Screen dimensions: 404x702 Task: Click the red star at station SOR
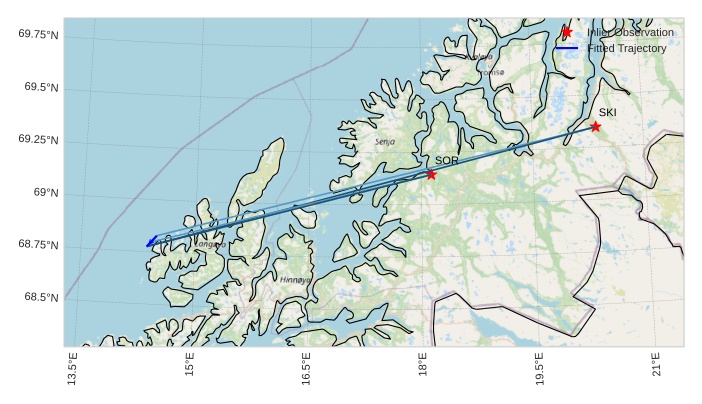click(431, 175)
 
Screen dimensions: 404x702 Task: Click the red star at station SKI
click(595, 126)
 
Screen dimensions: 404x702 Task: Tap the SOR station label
click(446, 160)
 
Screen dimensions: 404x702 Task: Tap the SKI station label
click(608, 112)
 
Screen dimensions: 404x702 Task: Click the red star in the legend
click(567, 32)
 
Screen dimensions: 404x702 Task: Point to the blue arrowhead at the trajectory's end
click(150, 242)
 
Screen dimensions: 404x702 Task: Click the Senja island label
click(385, 142)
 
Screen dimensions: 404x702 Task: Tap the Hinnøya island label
click(295, 280)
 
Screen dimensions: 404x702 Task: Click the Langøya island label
click(210, 244)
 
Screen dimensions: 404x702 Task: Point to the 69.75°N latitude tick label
click(38, 35)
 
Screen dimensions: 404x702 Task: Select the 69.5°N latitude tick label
click(41, 88)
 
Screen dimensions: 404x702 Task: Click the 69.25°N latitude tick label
click(38, 140)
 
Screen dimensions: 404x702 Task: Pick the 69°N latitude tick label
click(45, 193)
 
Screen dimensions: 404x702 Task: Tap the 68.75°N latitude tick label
click(38, 245)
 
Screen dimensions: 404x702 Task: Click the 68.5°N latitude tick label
click(41, 298)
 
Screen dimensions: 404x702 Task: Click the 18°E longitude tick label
click(423, 367)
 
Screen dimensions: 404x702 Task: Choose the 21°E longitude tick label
click(656, 367)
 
